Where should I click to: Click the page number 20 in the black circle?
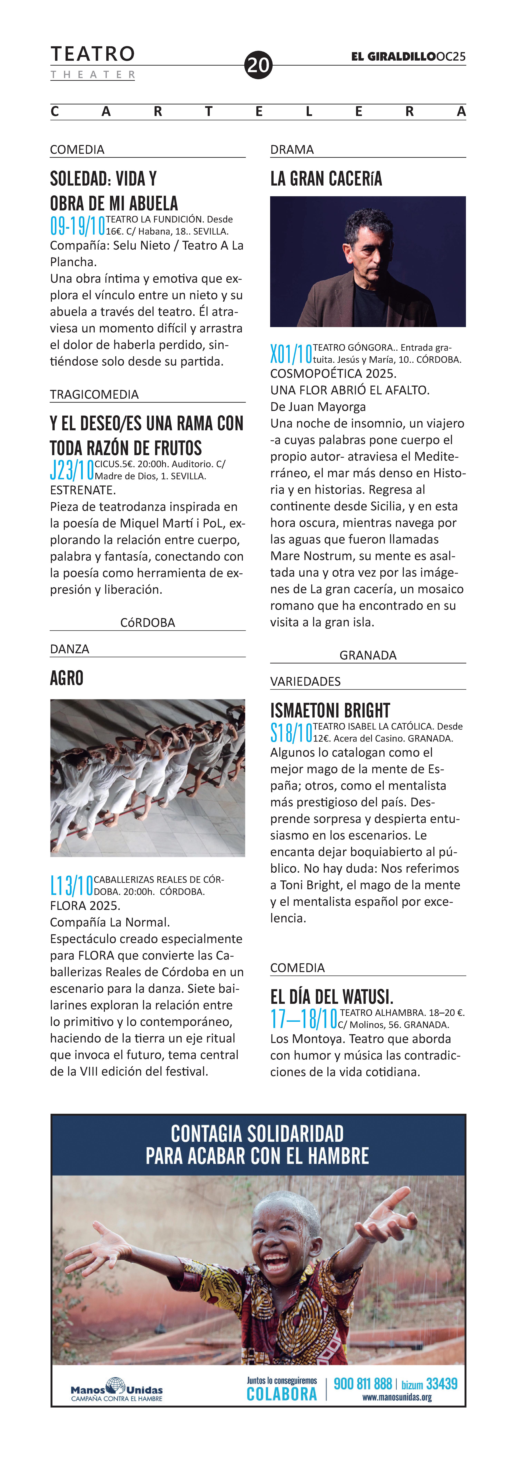click(x=258, y=65)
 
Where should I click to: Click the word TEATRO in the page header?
click(x=93, y=54)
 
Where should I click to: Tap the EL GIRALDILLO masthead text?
click(x=393, y=56)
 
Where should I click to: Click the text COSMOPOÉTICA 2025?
click(x=333, y=374)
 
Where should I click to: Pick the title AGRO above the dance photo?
click(x=67, y=678)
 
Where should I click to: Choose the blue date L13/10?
click(x=72, y=885)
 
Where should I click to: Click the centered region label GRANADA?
click(x=368, y=655)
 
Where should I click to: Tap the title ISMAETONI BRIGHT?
click(x=330, y=710)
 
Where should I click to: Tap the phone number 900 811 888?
click(x=363, y=1384)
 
